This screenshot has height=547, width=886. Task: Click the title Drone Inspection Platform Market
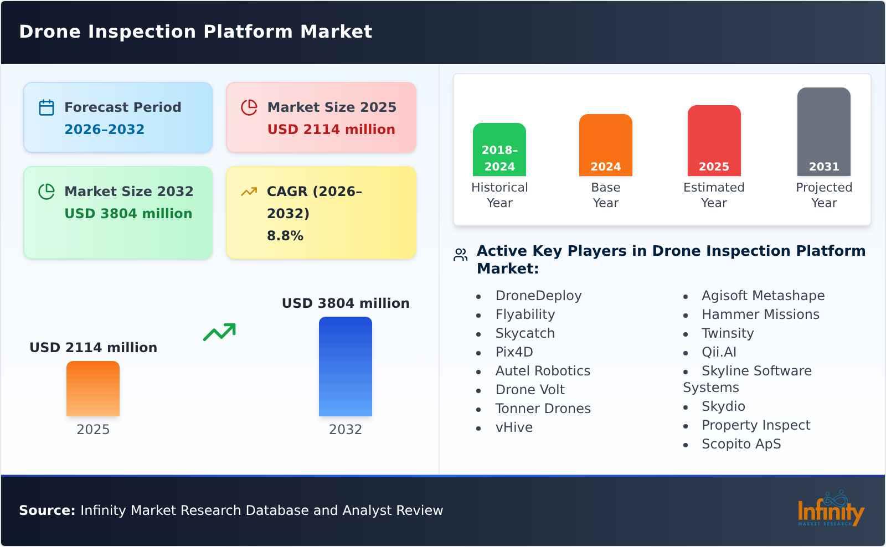(195, 32)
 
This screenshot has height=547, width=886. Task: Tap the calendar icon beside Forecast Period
(47, 107)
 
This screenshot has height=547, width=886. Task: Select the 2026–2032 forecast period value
(104, 129)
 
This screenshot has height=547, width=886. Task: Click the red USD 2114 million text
(331, 129)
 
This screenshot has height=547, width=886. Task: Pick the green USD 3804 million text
(128, 213)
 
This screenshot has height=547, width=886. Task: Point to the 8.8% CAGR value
(285, 236)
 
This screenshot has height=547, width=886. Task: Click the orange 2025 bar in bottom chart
(93, 389)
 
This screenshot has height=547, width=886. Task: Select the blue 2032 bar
(345, 367)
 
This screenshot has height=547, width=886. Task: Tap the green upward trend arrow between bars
(219, 332)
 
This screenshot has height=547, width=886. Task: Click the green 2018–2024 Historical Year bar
(499, 149)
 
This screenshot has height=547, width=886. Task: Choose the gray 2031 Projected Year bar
(823, 132)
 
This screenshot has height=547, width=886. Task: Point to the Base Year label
(605, 195)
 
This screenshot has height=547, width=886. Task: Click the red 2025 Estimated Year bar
(714, 141)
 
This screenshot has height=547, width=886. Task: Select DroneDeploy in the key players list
(538, 296)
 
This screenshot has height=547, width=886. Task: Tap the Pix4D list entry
(514, 352)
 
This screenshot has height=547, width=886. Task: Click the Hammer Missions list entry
(760, 314)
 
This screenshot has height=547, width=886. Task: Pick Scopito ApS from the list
(741, 444)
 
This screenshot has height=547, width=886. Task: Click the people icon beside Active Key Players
(461, 255)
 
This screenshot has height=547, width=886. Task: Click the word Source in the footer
(47, 510)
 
